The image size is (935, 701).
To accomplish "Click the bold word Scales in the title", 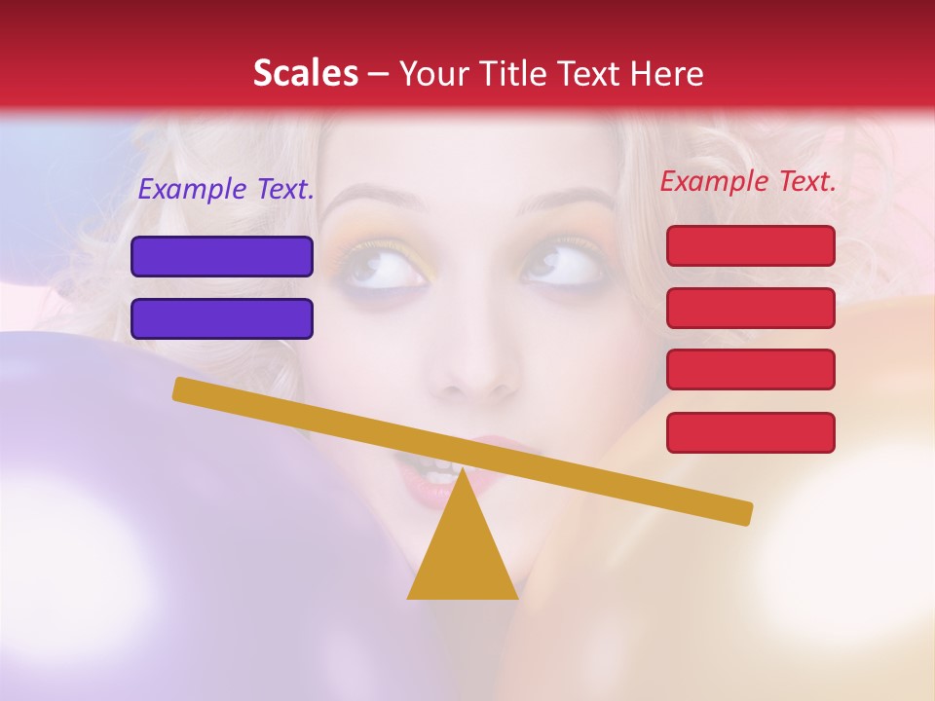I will coord(305,74).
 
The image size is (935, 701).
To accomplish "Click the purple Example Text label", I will coord(226,190).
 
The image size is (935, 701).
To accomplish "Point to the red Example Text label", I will coord(748,181).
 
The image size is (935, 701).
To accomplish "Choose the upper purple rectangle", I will coord(222,256).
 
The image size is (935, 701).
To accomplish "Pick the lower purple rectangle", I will coord(222,318).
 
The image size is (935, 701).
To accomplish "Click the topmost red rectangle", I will coord(750,245).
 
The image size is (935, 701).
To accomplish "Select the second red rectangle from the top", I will coord(750,308).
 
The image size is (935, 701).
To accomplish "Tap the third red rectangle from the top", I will coord(750,369).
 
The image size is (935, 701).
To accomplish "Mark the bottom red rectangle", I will coord(750,432).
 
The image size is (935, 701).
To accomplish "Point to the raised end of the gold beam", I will coord(185,389).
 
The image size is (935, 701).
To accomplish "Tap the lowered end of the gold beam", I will coord(740,512).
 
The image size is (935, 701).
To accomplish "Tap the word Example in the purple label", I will coord(194,190).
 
